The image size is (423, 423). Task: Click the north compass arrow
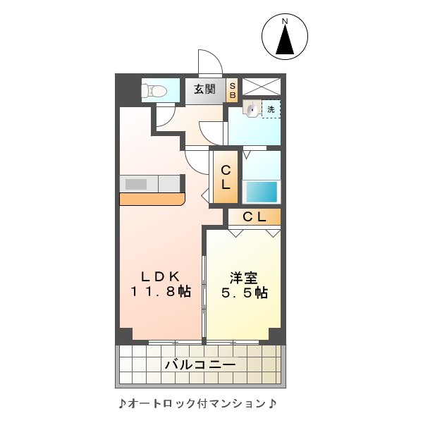[285, 43]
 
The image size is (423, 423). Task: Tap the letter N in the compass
[285, 22]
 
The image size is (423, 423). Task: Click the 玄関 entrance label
[204, 90]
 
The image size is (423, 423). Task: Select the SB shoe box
[232, 90]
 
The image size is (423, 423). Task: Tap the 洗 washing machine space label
[271, 109]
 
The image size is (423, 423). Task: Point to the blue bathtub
[261, 192]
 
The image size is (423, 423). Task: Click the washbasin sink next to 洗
[251, 109]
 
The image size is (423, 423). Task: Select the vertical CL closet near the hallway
[226, 178]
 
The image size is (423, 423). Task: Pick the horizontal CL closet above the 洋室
[255, 217]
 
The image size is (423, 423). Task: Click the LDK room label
[160, 276]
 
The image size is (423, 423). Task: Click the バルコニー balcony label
[201, 364]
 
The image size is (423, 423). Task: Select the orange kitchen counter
[152, 199]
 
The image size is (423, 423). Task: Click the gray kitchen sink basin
[136, 184]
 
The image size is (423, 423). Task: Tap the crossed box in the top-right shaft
[262, 87]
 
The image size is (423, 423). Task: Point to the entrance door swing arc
[209, 61]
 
